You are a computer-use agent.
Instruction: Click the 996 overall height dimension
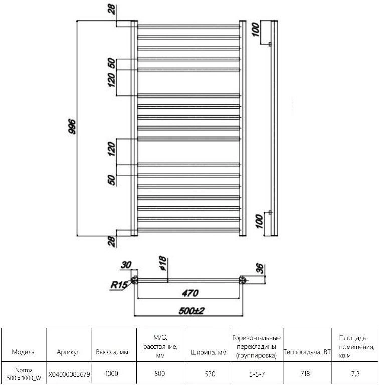point(72,127)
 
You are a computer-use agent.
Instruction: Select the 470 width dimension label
point(190,293)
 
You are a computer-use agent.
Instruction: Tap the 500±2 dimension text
point(192,311)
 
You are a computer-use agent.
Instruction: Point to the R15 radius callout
point(119,285)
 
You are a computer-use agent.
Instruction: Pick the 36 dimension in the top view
point(260,269)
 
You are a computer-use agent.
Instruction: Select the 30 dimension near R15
point(126,265)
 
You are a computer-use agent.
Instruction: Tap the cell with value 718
point(305,373)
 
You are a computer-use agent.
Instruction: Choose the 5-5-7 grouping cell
point(257,374)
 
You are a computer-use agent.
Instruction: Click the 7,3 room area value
point(355,374)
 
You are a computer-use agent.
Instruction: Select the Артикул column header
point(68,352)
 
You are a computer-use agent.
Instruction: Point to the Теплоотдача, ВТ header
point(307,352)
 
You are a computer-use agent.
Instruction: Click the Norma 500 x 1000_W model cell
point(24,374)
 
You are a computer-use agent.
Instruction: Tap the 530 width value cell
point(210,374)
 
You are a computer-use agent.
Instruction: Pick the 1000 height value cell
point(112,373)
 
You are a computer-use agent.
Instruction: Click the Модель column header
point(23,352)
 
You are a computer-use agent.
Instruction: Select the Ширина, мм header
point(209,353)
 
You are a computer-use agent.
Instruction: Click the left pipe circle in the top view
point(134,280)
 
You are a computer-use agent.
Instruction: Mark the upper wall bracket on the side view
point(270,44)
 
